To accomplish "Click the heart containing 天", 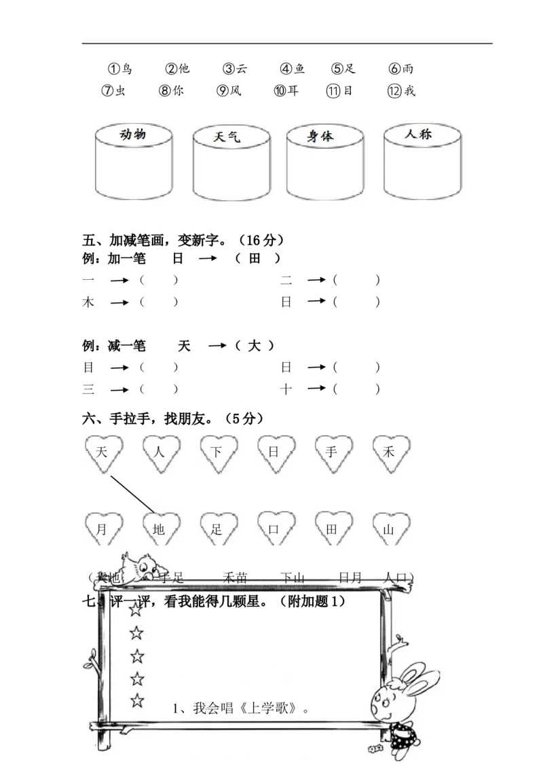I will [103, 452].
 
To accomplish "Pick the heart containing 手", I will [332, 452].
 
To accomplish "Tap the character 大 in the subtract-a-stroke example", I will [253, 346].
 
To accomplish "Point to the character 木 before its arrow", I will [88, 302].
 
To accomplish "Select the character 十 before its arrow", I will [286, 389].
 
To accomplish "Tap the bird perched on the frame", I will [141, 566].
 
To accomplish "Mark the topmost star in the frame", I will [137, 609].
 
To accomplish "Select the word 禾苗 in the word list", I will [235, 578].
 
